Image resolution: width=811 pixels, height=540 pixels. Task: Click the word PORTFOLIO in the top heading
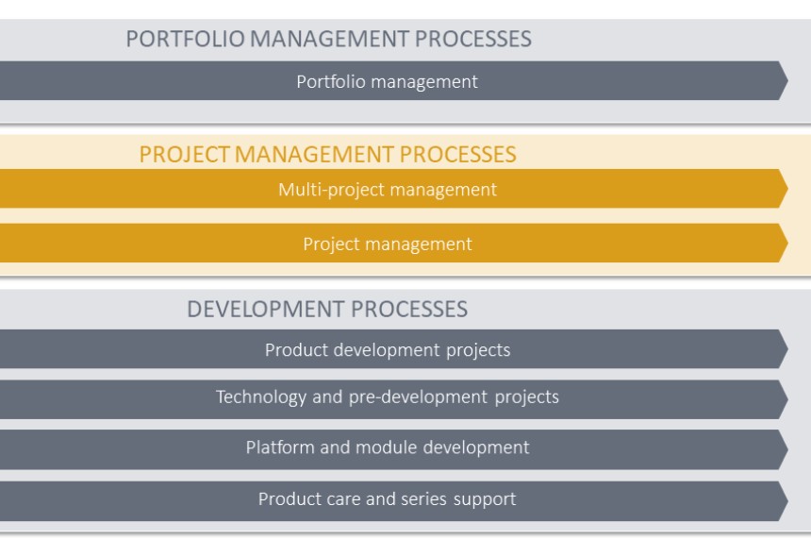tap(185, 39)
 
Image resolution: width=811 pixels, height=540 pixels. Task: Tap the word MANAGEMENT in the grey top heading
tap(329, 39)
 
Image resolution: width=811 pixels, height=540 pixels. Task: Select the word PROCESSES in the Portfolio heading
tap(473, 39)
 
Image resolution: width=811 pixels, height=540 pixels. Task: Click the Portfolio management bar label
tap(387, 82)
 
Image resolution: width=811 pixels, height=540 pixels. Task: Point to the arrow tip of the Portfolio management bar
tap(787, 81)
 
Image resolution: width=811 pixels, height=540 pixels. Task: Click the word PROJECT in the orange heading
tap(184, 154)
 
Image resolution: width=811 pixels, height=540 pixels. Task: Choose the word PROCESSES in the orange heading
tap(457, 154)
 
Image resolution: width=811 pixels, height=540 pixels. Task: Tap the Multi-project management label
tap(388, 190)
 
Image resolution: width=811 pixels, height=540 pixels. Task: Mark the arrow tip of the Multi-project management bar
tap(787, 189)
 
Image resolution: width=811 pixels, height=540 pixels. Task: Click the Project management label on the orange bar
tap(388, 244)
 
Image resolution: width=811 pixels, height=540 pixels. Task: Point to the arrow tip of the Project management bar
tap(787, 243)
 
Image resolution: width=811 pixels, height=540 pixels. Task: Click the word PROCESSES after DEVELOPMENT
tap(409, 309)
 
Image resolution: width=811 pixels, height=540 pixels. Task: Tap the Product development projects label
tap(388, 350)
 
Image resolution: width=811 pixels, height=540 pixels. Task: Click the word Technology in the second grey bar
tap(261, 397)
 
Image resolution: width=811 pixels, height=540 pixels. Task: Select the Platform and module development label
tap(388, 447)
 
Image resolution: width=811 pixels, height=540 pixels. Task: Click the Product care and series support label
tap(387, 499)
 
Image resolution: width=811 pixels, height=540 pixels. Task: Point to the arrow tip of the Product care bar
tap(787, 501)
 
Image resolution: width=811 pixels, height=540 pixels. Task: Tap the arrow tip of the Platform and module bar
tap(787, 449)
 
